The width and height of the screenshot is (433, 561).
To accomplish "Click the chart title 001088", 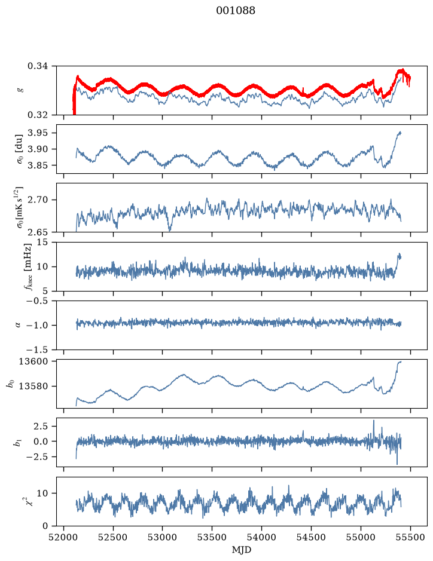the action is [235, 11].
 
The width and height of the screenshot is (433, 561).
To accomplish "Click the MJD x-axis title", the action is [242, 550].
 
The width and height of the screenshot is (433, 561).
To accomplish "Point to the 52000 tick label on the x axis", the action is [64, 537].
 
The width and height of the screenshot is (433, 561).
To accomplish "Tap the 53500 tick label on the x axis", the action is [212, 537].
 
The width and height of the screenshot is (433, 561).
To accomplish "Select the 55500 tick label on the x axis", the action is [410, 537].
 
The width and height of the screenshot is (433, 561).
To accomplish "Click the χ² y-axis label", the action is [31, 501].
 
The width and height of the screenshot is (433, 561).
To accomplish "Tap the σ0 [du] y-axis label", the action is [19, 149].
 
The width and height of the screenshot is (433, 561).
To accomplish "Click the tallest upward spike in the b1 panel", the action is [374, 421].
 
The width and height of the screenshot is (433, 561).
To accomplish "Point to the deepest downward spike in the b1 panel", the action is [397, 464].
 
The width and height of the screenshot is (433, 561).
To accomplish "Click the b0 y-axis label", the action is [10, 384].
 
